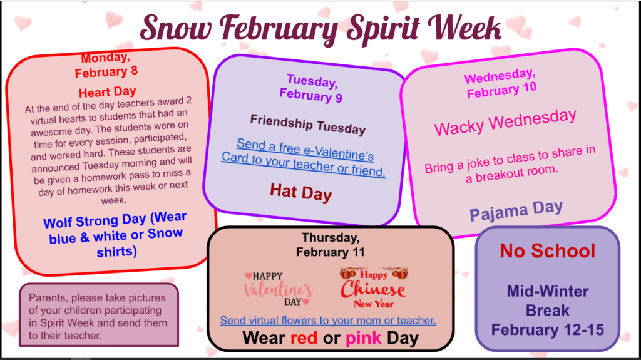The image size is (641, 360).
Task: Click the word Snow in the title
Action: tap(176, 28)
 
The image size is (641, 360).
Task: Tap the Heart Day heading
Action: tap(108, 92)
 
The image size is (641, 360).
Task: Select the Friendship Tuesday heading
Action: tap(308, 125)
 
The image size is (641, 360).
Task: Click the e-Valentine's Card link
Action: tap(304, 158)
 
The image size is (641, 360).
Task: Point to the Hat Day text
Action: tap(301, 192)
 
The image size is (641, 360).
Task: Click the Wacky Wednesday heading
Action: tap(505, 122)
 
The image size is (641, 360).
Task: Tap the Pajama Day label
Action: tap(516, 211)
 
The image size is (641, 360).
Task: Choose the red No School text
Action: tap(547, 251)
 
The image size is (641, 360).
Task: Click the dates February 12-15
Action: tap(547, 330)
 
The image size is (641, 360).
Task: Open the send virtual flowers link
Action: tap(328, 321)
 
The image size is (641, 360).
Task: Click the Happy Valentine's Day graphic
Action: tap(279, 289)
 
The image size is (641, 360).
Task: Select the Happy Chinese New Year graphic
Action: tap(373, 288)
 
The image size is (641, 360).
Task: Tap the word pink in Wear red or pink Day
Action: tap(363, 338)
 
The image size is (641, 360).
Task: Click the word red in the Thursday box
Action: tap(304, 338)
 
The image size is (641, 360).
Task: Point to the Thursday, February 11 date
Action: tap(330, 245)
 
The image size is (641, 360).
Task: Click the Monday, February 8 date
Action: tap(106, 65)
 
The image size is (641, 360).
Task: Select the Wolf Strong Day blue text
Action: tap(116, 234)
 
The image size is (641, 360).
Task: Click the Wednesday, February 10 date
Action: tap(501, 83)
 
